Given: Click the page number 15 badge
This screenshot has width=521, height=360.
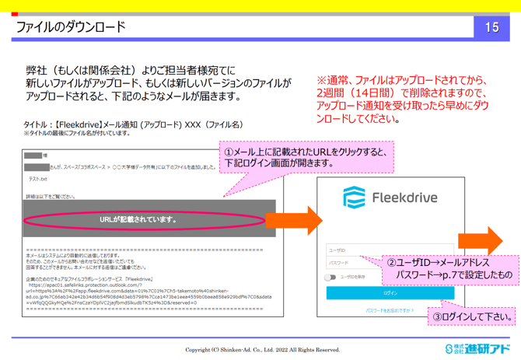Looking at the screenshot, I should (x=491, y=27).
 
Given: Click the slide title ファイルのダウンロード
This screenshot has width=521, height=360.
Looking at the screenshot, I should (x=71, y=27).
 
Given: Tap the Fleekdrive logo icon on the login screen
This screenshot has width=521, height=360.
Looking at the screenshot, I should (x=354, y=197).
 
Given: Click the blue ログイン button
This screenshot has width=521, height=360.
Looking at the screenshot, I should (x=390, y=293).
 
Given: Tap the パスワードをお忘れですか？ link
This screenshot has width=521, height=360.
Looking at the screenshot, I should (x=390, y=310).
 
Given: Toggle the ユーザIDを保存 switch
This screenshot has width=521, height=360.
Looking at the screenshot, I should (x=331, y=277).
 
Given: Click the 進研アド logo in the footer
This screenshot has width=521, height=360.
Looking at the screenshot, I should (x=477, y=348).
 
